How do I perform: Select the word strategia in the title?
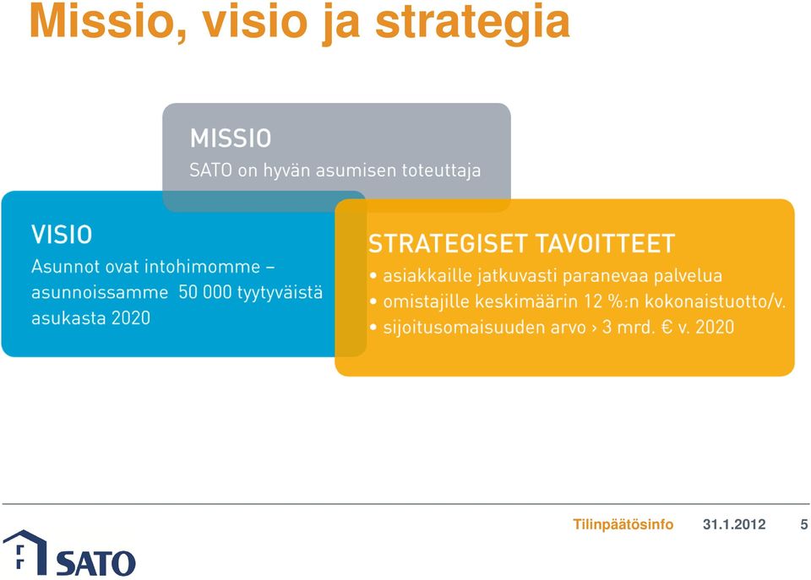(472, 24)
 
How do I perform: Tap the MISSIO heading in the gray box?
(231, 138)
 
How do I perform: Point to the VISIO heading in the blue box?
(62, 235)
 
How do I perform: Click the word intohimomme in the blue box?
(202, 266)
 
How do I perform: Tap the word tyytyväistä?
(280, 293)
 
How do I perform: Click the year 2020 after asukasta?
(131, 318)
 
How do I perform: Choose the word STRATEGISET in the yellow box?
(448, 243)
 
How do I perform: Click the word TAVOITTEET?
(605, 243)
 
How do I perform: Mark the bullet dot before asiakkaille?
(373, 276)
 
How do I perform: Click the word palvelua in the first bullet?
(688, 275)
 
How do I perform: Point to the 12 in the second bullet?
(593, 301)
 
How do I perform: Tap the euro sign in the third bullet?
(667, 328)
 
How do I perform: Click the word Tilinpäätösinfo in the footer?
(623, 524)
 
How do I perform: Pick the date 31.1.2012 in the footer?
(734, 524)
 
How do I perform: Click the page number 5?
(803, 524)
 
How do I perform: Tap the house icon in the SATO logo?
(24, 552)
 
